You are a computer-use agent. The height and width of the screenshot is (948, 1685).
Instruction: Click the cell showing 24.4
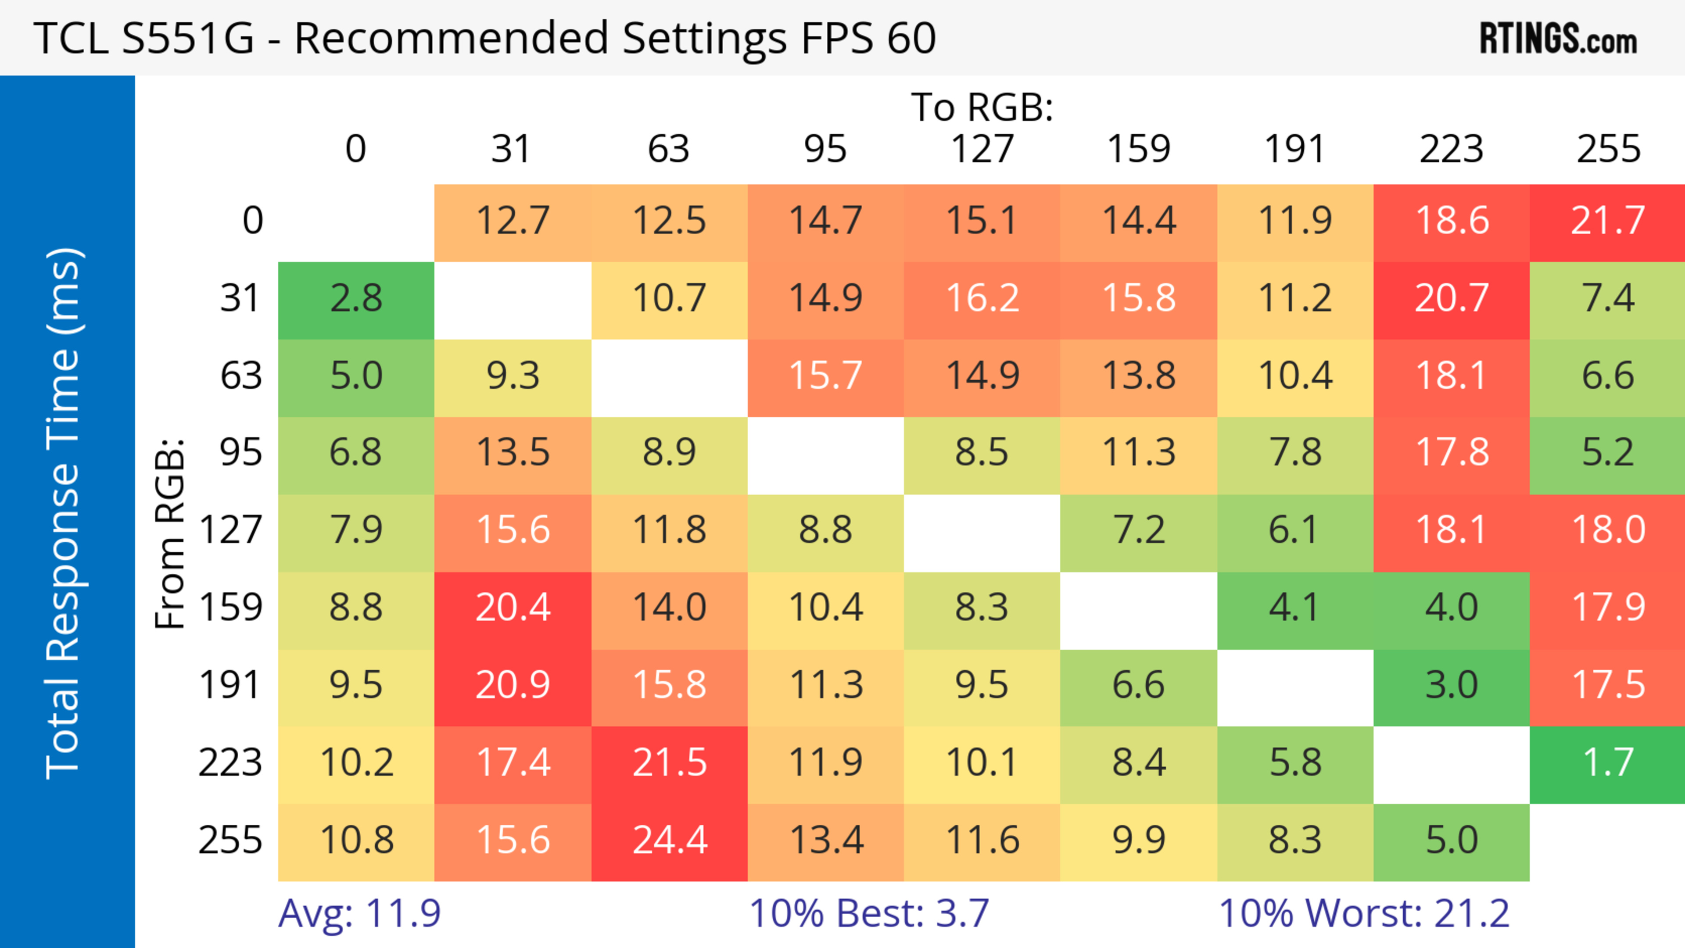(x=669, y=841)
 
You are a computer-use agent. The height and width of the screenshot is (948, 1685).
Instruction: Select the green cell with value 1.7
(x=1608, y=764)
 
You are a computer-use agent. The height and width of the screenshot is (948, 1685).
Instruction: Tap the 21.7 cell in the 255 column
(x=1608, y=221)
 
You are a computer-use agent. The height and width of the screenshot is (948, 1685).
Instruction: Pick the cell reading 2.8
(x=356, y=299)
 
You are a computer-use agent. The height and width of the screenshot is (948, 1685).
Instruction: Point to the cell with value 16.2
(x=982, y=299)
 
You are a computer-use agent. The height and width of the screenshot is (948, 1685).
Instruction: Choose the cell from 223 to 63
(x=669, y=764)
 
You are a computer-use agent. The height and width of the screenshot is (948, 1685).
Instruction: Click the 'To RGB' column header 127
(x=982, y=149)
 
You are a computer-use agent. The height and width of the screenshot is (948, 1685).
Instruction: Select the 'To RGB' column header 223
(x=1452, y=149)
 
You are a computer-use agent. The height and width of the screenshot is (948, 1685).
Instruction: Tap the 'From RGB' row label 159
(x=231, y=608)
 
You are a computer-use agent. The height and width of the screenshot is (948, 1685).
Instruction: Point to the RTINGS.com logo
(x=1558, y=39)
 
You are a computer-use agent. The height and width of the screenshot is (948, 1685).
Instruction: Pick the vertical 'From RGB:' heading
(x=170, y=534)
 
